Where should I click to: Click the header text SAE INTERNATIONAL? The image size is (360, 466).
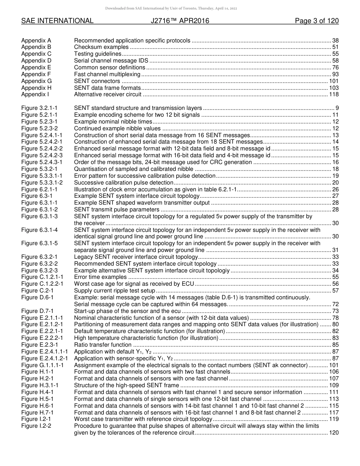(57, 21)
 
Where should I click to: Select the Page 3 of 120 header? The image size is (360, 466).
(316, 21)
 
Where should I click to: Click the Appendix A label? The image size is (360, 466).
(36, 41)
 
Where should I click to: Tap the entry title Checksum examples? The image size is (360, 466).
(101, 47)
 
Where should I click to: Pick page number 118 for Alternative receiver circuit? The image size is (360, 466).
(333, 94)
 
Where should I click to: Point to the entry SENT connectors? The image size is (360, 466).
(97, 81)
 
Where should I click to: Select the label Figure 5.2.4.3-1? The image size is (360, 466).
(42, 162)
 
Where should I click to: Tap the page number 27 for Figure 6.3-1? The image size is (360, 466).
(335, 196)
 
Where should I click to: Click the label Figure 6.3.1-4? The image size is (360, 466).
(39, 230)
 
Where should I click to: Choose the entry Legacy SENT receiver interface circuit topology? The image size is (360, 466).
(136, 257)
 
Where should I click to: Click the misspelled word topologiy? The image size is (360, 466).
(217, 271)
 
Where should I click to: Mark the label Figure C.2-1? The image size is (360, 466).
(37, 291)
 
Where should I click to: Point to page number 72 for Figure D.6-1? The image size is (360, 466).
(335, 304)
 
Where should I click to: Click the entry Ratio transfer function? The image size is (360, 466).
(103, 345)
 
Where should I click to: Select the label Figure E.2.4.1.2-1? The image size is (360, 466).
(44, 358)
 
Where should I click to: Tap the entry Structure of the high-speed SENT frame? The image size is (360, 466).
(126, 385)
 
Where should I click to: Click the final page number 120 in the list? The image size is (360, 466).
(333, 433)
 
